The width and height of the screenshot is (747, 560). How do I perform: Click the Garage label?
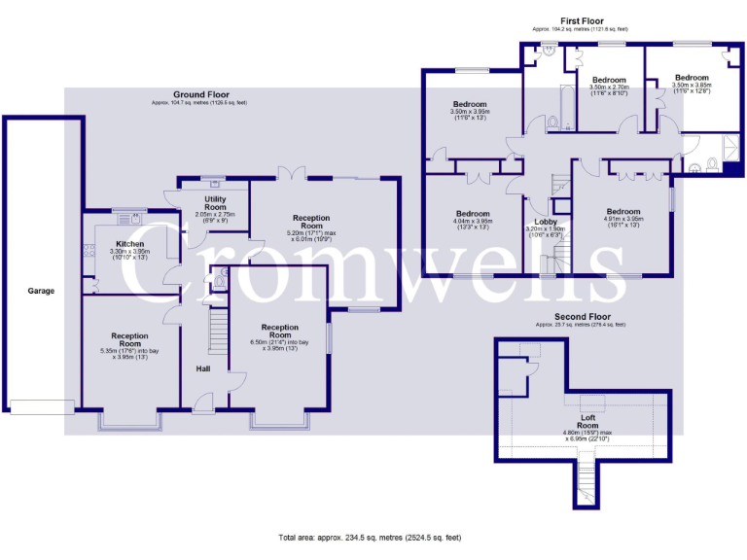[40, 291]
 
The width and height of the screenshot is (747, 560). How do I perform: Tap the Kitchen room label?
[130, 244]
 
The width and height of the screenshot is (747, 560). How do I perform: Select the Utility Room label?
[215, 203]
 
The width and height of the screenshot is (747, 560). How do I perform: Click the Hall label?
[203, 369]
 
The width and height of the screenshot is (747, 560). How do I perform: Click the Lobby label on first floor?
[538, 223]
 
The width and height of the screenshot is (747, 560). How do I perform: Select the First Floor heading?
[582, 20]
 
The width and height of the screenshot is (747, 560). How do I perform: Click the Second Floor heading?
[582, 317]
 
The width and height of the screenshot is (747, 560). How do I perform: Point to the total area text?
[371, 538]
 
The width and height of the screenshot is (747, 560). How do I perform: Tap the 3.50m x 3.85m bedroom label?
[692, 77]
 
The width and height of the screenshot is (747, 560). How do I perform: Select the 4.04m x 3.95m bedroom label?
[473, 213]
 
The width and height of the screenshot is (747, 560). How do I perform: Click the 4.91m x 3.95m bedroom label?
[622, 212]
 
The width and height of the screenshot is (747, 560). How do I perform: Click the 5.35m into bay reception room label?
[129, 336]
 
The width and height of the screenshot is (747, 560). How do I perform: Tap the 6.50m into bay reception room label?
[279, 328]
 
